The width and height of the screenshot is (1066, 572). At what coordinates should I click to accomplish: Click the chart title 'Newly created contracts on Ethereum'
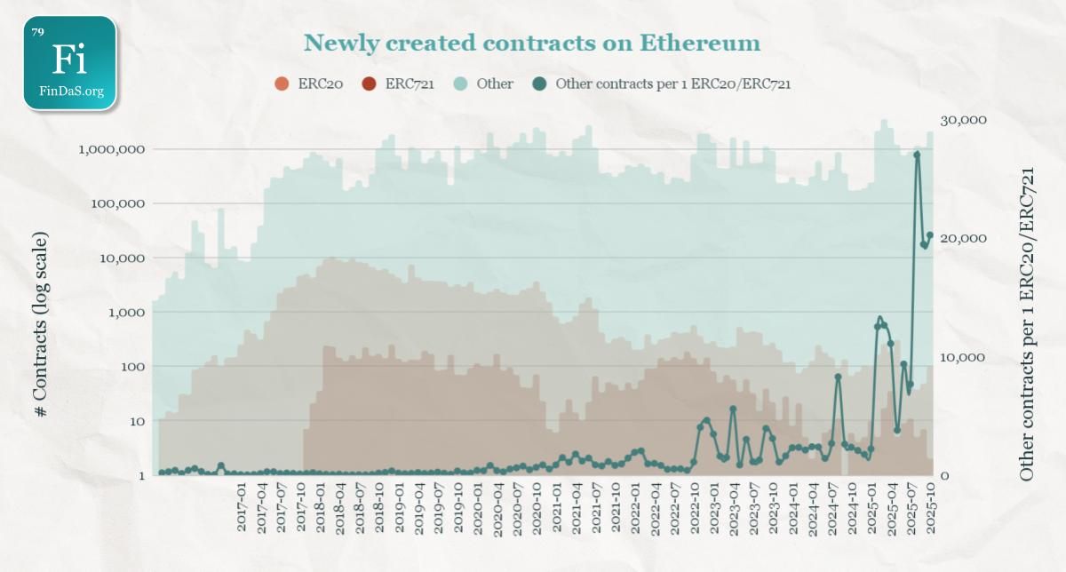531,43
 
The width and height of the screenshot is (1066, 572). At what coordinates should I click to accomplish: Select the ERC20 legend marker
282,84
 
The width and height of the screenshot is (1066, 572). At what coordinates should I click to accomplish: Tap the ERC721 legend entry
369,84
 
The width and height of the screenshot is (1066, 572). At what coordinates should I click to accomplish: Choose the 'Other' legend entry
461,84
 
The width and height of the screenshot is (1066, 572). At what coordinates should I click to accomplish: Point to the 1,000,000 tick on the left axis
112,149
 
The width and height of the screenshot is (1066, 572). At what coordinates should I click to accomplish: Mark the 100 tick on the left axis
131,366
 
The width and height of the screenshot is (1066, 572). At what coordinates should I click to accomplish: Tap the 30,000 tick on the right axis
963,120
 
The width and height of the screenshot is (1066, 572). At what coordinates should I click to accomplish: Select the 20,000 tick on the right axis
963,238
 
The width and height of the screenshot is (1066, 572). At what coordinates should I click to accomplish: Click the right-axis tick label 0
945,475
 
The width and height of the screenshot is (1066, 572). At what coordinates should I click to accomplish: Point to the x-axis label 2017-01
242,510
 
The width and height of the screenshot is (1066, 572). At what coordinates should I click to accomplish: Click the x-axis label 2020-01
477,510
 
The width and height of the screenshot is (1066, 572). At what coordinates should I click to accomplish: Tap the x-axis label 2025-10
930,510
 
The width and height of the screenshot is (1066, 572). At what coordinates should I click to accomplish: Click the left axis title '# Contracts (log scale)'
41,325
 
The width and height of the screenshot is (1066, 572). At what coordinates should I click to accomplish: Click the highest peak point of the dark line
917,155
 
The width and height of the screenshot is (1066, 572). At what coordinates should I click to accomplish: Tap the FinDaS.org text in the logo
71,91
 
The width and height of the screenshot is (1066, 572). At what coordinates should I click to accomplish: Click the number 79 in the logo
37,32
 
